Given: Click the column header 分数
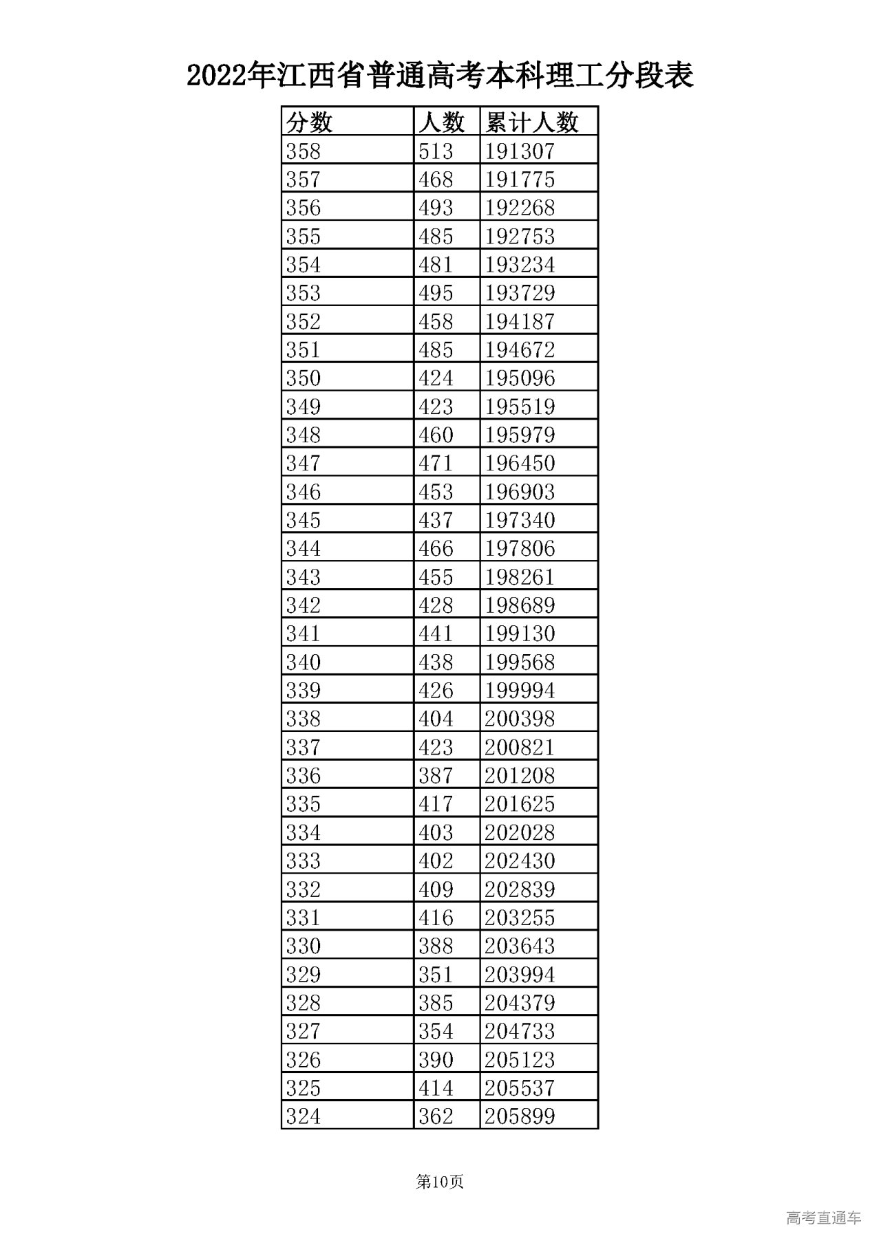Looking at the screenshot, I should [x=310, y=122].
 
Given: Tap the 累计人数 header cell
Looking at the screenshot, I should [x=532, y=122].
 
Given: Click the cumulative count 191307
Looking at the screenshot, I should [x=520, y=151].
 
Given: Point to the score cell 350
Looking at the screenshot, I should [x=304, y=378].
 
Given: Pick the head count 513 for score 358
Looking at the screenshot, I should [x=436, y=151].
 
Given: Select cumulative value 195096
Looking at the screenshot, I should [x=520, y=378].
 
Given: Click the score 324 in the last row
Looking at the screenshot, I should [x=304, y=1116].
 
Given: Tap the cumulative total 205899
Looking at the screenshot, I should [x=520, y=1116].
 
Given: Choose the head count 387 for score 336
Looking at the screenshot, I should [x=436, y=775].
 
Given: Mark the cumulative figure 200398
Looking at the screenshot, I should [x=520, y=719].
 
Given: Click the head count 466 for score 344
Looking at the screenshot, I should [x=436, y=548].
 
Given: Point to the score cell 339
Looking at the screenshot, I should [x=304, y=690].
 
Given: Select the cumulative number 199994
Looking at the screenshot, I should [x=520, y=690].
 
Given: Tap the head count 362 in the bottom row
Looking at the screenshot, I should [x=436, y=1116].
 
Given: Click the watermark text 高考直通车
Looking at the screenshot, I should [x=823, y=1217].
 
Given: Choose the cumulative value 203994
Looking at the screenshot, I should [x=520, y=974].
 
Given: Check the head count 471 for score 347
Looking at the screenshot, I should [x=436, y=463].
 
